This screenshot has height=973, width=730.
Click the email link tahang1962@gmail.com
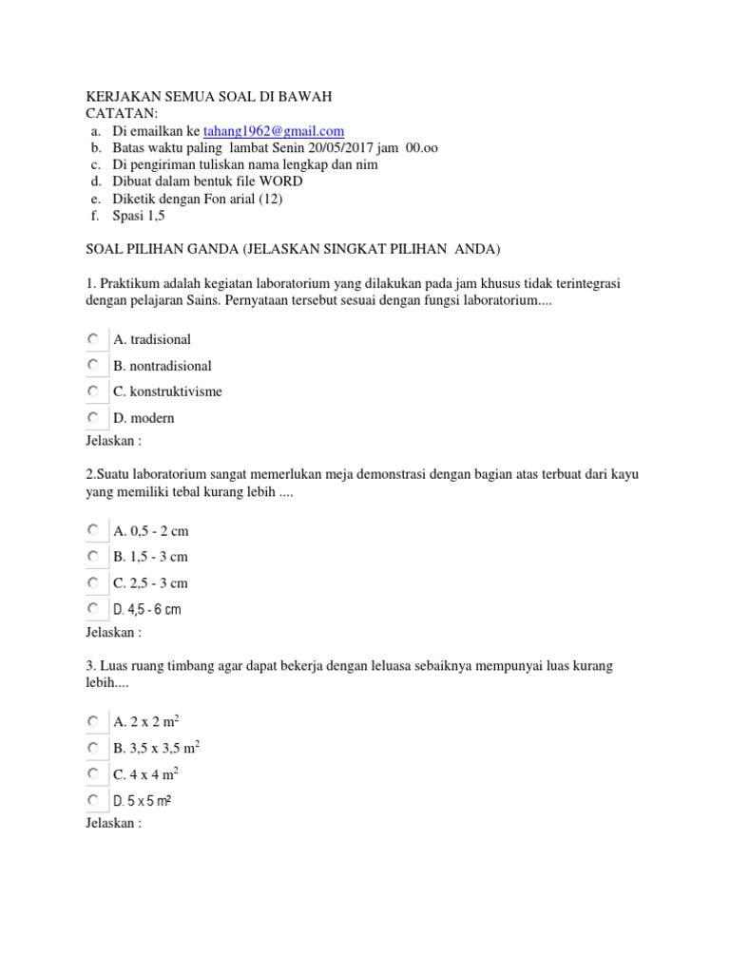pyautogui.click(x=273, y=131)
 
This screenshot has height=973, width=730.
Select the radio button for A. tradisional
pyautogui.click(x=92, y=338)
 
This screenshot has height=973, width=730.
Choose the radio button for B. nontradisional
pyautogui.click(x=92, y=365)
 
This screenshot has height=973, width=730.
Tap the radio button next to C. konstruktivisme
pyautogui.click(x=92, y=391)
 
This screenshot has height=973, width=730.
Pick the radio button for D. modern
pyautogui.click(x=92, y=417)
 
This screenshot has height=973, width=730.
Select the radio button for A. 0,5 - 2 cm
pyautogui.click(x=92, y=529)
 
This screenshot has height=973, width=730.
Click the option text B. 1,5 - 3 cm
pyautogui.click(x=150, y=557)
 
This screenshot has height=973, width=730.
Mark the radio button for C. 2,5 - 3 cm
pyautogui.click(x=92, y=582)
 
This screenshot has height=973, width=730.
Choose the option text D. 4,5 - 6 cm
pyautogui.click(x=146, y=609)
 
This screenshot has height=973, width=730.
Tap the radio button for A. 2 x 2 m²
pyautogui.click(x=92, y=721)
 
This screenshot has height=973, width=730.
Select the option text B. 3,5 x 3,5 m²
pyautogui.click(x=156, y=748)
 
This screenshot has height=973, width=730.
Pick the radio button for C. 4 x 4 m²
pyautogui.click(x=92, y=773)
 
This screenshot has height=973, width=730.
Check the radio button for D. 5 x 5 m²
pyautogui.click(x=92, y=800)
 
